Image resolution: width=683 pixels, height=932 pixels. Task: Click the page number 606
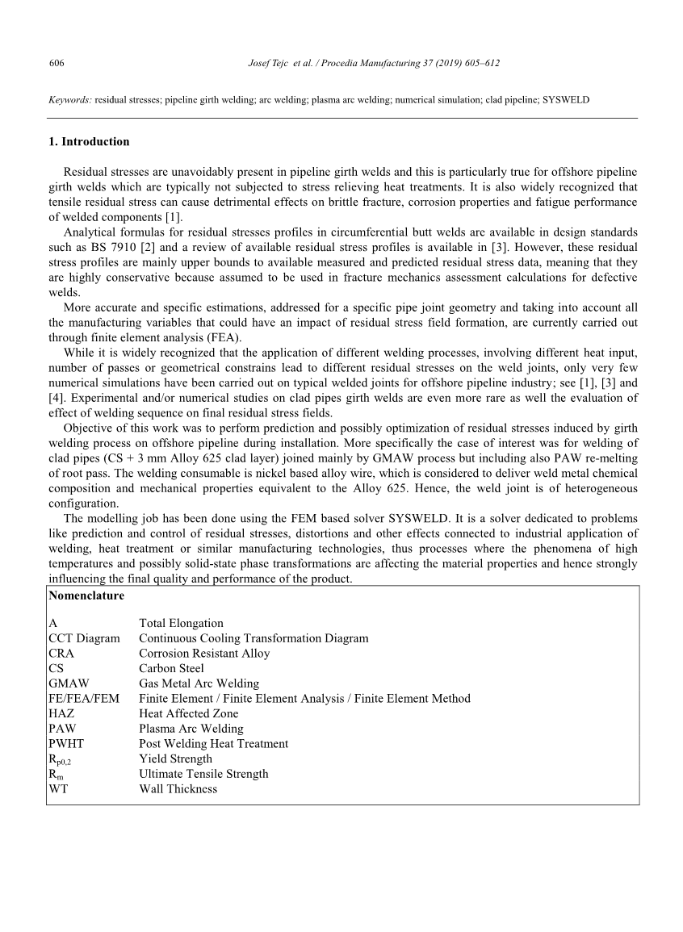click(x=57, y=63)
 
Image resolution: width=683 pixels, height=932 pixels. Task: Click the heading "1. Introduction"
click(x=89, y=142)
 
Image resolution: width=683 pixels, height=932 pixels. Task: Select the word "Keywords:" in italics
click(x=70, y=100)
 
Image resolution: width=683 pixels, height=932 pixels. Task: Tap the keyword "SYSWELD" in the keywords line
click(x=566, y=100)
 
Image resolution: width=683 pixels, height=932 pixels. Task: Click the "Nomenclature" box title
click(x=86, y=596)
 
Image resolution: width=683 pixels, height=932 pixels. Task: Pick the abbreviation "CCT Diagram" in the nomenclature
click(x=84, y=638)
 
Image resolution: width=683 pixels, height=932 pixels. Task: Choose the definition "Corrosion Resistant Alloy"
click(x=204, y=654)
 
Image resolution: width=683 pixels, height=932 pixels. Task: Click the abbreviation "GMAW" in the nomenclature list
click(x=69, y=683)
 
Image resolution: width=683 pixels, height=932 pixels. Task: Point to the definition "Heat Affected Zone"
click(x=188, y=713)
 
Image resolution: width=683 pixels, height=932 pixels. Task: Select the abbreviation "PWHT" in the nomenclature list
click(x=66, y=743)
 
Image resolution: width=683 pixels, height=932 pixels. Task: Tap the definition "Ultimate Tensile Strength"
click(x=203, y=774)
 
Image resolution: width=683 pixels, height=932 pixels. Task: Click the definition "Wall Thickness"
click(x=178, y=789)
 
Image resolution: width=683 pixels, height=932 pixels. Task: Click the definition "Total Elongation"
click(x=181, y=623)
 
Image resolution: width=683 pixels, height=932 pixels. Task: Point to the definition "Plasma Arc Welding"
click(x=191, y=729)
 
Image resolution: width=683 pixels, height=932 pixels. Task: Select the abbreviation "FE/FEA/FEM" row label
click(x=83, y=699)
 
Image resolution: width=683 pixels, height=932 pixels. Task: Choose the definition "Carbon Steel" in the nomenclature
click(x=171, y=668)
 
